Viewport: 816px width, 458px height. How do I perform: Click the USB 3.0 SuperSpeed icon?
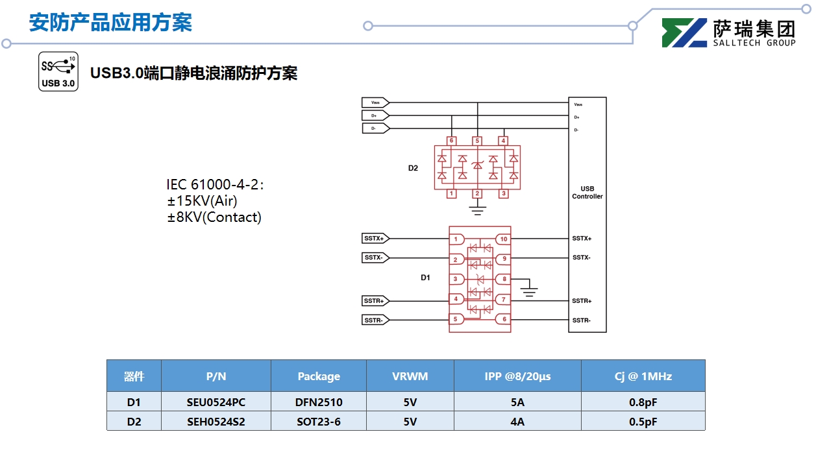pyautogui.click(x=58, y=71)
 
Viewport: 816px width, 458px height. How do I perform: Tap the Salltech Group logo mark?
pyautogui.click(x=684, y=33)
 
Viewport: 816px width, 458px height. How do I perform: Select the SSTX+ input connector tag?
pyautogui.click(x=375, y=239)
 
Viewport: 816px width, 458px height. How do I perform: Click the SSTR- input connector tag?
pyautogui.click(x=375, y=320)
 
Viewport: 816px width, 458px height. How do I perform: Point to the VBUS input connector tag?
pyautogui.click(x=375, y=102)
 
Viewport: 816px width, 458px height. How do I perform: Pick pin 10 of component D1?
pyautogui.click(x=503, y=239)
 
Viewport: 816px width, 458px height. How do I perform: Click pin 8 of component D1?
pyautogui.click(x=503, y=280)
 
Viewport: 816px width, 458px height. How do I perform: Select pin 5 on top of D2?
pyautogui.click(x=477, y=141)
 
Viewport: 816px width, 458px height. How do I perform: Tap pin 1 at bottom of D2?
pyautogui.click(x=451, y=193)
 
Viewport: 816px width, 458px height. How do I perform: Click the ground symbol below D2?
pyautogui.click(x=477, y=210)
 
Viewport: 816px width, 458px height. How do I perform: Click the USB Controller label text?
pyautogui.click(x=587, y=193)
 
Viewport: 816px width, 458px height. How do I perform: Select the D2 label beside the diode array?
pyautogui.click(x=413, y=168)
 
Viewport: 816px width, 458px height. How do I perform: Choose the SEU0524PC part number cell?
pyautogui.click(x=216, y=402)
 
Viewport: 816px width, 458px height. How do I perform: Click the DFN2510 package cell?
pyautogui.click(x=318, y=402)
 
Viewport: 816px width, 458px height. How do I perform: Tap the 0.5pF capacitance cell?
pyautogui.click(x=643, y=422)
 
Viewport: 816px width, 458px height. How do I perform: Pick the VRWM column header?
pyautogui.click(x=410, y=376)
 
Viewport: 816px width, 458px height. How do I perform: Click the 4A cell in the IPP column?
pyautogui.click(x=517, y=422)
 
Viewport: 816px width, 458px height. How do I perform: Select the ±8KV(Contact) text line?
pyautogui.click(x=214, y=217)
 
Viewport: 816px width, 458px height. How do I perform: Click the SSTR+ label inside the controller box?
pyautogui.click(x=582, y=301)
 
